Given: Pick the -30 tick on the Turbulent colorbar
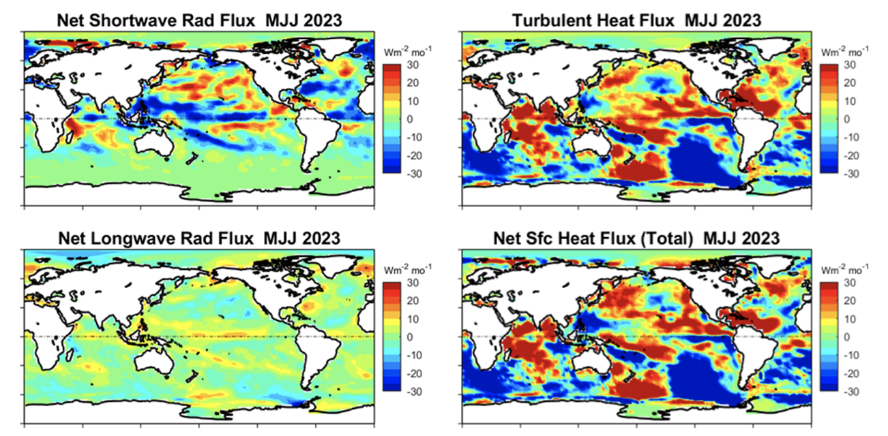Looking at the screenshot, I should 853,174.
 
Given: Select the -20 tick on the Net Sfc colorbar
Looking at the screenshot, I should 853,374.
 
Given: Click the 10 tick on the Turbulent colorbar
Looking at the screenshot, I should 853,101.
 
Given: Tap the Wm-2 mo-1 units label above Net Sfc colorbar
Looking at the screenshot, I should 846,270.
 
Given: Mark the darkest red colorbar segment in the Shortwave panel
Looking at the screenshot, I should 393,69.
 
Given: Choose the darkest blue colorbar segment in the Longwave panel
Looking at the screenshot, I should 393,387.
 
